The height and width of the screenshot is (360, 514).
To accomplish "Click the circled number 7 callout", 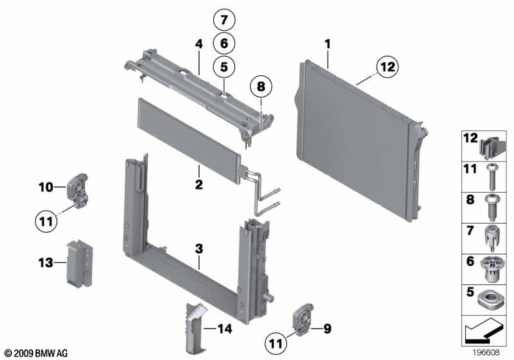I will (x=224, y=21).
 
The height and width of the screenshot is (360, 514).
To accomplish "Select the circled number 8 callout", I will (x=260, y=85).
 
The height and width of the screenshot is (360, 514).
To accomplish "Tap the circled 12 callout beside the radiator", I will (x=387, y=66).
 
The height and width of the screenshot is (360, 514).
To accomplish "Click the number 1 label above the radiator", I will (x=328, y=44).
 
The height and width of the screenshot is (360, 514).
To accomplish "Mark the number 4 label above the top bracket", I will (x=199, y=44).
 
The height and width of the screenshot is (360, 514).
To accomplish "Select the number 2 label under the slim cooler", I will (x=199, y=185).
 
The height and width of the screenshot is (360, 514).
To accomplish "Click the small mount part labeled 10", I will (x=78, y=189).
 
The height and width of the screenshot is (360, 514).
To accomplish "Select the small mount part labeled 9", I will (x=300, y=321).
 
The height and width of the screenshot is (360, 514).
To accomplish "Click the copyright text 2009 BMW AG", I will (x=35, y=354).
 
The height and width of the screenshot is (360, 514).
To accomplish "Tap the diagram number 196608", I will (x=486, y=353).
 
